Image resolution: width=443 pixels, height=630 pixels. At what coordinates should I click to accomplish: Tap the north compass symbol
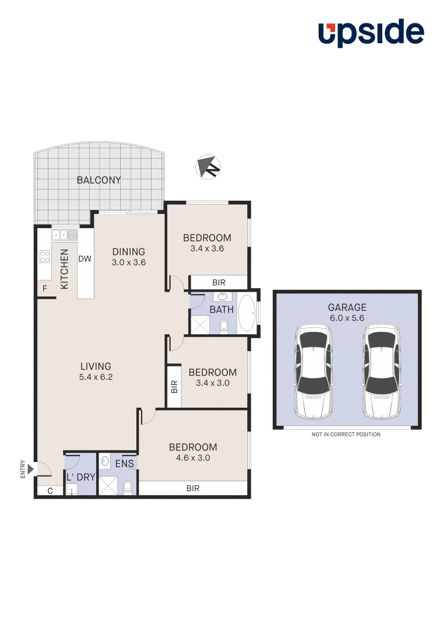click(x=208, y=167)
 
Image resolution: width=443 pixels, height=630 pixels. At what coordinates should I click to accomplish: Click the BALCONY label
click(x=99, y=180)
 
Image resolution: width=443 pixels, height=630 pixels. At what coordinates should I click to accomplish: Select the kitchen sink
click(x=65, y=235)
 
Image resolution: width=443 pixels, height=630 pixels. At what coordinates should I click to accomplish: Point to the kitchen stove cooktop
click(x=44, y=256)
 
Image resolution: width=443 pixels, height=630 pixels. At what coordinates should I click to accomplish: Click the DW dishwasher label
click(x=85, y=259)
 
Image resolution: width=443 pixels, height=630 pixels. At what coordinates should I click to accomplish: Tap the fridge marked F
click(x=44, y=288)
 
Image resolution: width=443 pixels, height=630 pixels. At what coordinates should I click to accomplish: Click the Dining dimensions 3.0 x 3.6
click(x=129, y=262)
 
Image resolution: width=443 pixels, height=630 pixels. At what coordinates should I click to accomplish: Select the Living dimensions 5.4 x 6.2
click(x=96, y=377)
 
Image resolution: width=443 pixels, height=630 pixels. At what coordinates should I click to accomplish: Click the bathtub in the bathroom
click(x=247, y=313)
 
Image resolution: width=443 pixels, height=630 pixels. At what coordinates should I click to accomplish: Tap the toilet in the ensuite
click(x=128, y=487)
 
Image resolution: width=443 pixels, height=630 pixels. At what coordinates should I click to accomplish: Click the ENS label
click(x=125, y=464)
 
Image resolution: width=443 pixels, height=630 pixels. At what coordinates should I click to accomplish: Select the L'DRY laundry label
click(x=81, y=477)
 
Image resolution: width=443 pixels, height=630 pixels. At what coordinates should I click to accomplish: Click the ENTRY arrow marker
click(x=30, y=469)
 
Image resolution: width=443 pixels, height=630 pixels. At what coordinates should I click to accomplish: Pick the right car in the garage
click(x=381, y=371)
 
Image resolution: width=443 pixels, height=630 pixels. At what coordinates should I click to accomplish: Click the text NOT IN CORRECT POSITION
click(x=346, y=435)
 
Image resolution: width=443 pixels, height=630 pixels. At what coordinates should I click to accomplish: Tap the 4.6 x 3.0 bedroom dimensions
click(x=193, y=458)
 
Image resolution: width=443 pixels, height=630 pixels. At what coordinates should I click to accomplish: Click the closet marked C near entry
click(x=50, y=491)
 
